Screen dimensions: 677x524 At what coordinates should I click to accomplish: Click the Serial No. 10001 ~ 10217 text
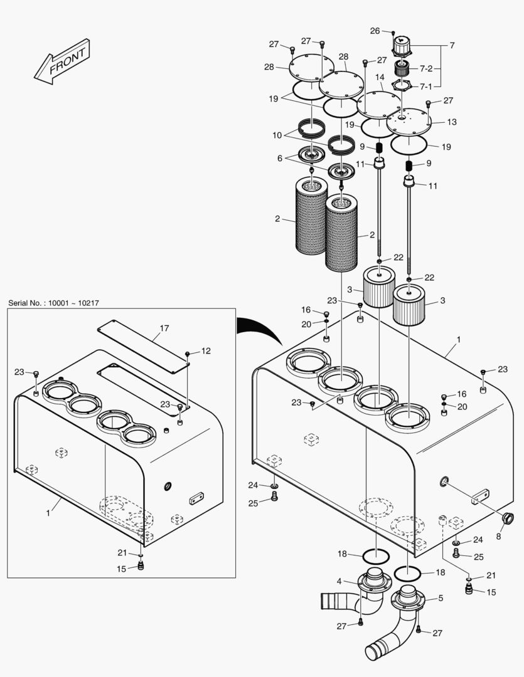[53, 303]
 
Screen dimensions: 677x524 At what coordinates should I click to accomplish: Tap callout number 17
[164, 328]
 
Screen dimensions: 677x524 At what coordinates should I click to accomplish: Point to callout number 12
[206, 350]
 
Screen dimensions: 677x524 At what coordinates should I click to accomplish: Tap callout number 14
[380, 77]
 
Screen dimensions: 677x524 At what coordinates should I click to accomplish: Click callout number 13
[451, 122]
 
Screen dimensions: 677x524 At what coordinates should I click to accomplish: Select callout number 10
[277, 135]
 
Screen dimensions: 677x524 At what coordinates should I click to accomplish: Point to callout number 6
[280, 159]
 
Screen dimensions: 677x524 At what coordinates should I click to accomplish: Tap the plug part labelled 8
[507, 518]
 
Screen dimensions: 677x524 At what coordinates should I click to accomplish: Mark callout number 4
[339, 581]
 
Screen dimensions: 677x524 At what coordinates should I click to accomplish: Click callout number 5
[440, 598]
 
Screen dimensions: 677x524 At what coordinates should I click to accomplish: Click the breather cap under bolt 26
[400, 46]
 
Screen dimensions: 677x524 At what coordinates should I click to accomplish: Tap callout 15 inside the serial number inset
[122, 568]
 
